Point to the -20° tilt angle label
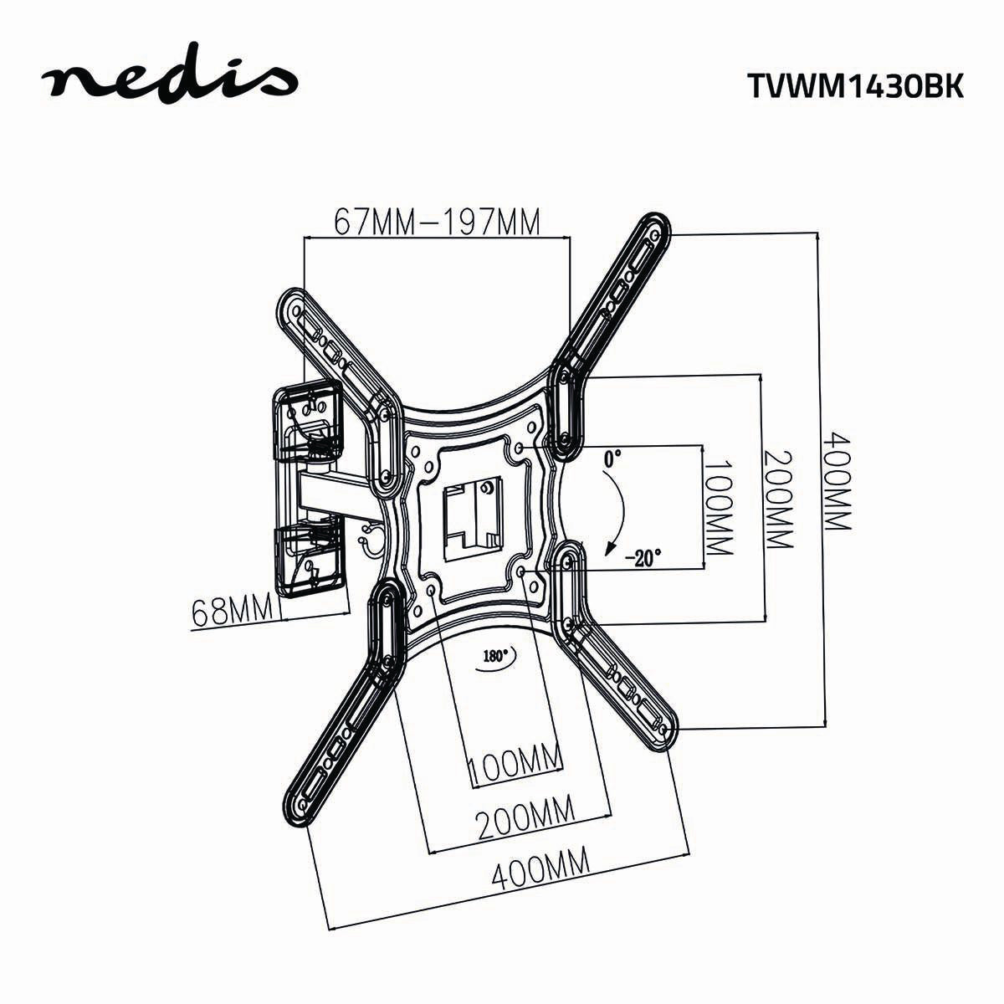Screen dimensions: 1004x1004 click(643, 556)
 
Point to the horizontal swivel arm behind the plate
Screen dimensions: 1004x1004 click(335, 492)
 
